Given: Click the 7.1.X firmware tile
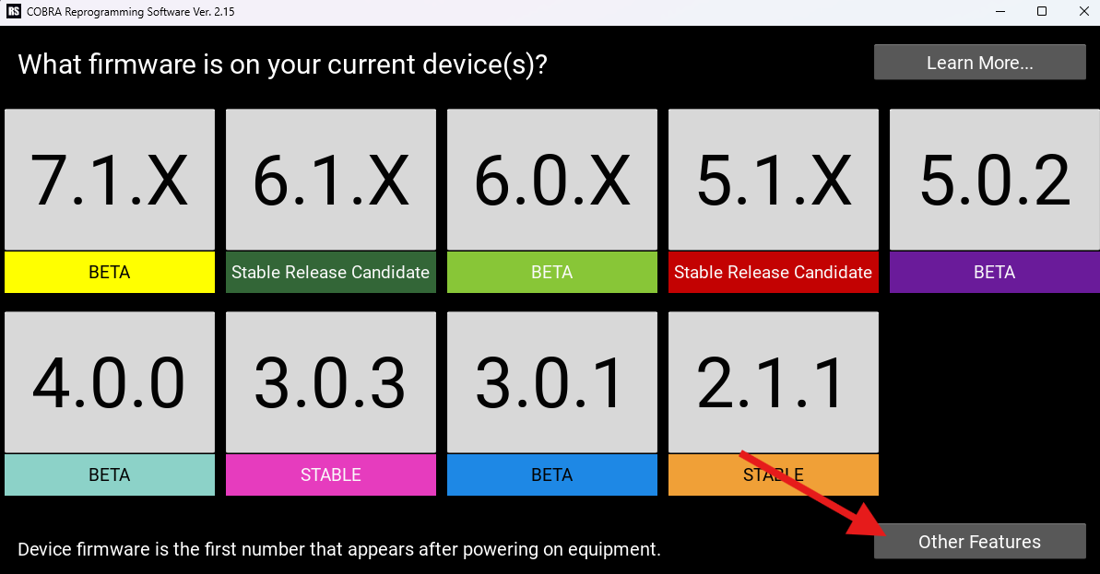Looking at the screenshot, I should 110,180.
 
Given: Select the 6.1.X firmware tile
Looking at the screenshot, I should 331,180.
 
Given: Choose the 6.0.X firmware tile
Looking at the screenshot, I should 552,180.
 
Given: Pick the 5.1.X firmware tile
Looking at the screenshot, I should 774,180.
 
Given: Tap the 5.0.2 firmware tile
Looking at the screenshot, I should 995,180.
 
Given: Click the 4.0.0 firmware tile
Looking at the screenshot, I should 110,382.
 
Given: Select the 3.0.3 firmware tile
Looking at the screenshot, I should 331,382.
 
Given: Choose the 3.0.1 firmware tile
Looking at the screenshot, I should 552,382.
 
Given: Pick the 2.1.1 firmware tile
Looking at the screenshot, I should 774,382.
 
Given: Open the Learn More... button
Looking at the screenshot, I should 979,63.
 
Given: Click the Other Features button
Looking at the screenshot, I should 979,542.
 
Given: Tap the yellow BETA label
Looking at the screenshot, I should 110,273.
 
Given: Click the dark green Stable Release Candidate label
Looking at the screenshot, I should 331,273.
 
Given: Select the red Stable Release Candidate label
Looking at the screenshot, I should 774,273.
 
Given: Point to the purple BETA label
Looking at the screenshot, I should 995,273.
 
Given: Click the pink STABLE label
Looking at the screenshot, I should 331,475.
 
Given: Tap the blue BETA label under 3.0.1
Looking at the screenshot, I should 552,475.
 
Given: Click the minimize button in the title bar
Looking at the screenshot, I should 1000,11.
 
